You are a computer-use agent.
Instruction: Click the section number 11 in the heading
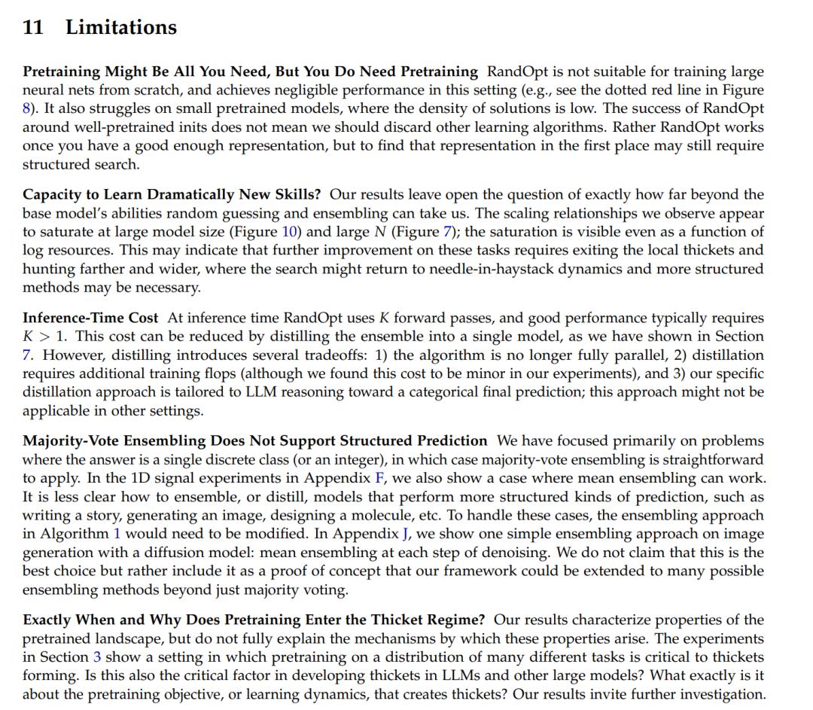[x=32, y=28]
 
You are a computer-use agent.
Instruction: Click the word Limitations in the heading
[x=121, y=28]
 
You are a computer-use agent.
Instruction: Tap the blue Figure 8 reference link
[x=26, y=108]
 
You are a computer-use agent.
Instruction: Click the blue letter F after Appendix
[x=379, y=478]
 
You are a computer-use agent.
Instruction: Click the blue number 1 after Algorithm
[x=117, y=534]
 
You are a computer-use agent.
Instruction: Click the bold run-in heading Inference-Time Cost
[x=91, y=318]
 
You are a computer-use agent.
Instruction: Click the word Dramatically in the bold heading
[x=184, y=195]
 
